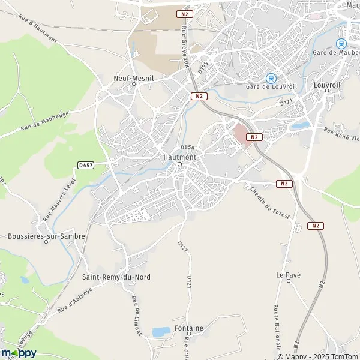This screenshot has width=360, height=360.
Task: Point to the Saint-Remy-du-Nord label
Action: tap(116, 277)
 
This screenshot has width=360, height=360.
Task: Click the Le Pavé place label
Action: tap(288, 275)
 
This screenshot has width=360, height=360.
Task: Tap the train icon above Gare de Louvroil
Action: tap(271, 77)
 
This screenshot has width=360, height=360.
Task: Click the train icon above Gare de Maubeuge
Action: tap(341, 43)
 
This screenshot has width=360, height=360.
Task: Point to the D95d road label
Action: tap(187, 147)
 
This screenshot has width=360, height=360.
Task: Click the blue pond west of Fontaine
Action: tap(160, 331)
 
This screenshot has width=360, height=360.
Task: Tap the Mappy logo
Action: tap(19, 353)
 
